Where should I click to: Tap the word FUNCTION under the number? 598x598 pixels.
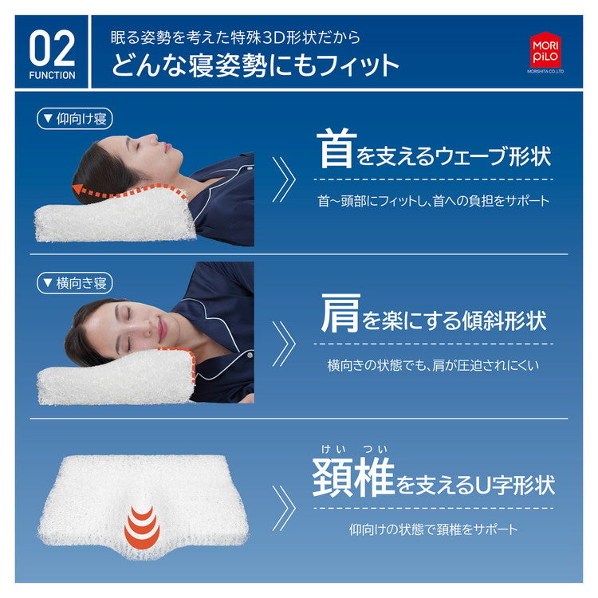53,76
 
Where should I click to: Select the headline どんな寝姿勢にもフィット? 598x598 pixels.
255,65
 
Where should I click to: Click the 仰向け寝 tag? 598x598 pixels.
76,119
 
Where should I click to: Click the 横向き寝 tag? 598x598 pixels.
76,282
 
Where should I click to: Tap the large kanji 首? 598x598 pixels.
335,150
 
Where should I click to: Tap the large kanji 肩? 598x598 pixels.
340,313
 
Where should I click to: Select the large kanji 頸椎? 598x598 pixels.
353,477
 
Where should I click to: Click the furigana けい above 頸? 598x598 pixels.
332,448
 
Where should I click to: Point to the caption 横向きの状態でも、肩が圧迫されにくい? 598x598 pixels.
434,365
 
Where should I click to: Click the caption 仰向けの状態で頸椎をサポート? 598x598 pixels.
434,529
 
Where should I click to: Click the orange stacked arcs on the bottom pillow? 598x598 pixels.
142,525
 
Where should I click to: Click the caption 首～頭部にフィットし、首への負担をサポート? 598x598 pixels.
434,201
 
